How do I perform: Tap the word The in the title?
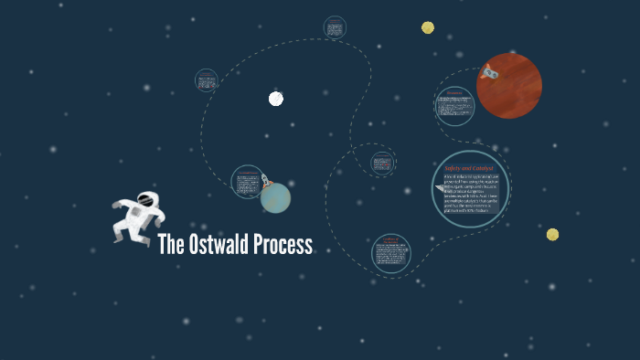tap(171, 245)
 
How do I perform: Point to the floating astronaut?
tap(137, 217)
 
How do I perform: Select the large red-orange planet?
tap(509, 86)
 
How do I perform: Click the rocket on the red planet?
tap(489, 70)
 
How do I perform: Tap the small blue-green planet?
tap(275, 196)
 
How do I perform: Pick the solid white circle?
tap(276, 99)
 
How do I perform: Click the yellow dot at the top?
tap(428, 27)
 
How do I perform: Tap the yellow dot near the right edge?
tap(552, 235)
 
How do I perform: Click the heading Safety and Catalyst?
tap(469, 169)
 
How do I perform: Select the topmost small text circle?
tap(335, 27)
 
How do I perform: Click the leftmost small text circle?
tap(207, 80)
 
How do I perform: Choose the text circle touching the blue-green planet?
tap(246, 182)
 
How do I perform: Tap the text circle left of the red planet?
tap(454, 107)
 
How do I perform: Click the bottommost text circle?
tap(391, 254)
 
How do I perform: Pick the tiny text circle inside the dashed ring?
tap(383, 164)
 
